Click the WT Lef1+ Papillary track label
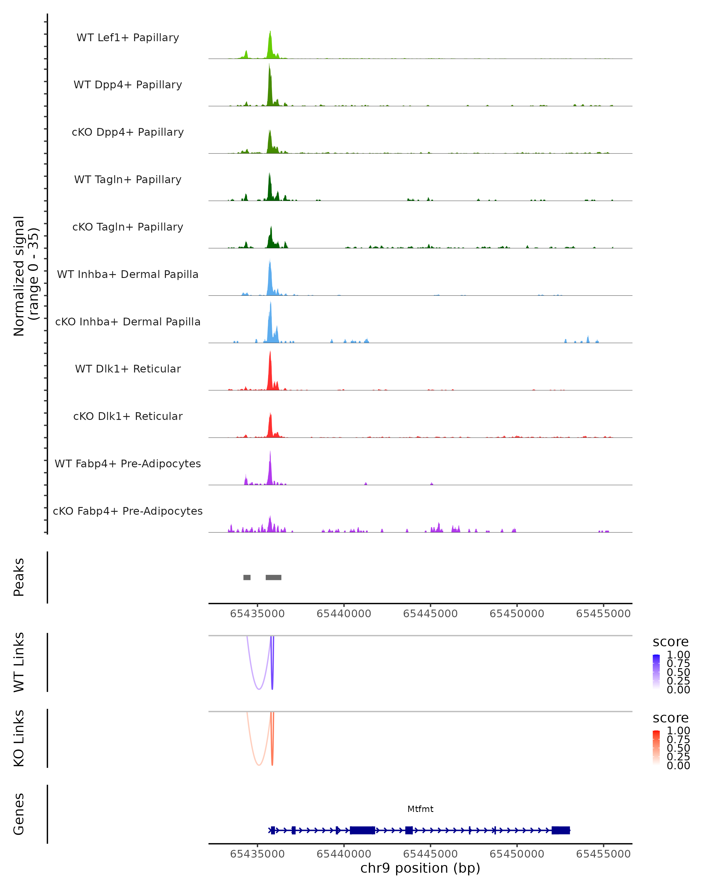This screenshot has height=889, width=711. (x=128, y=38)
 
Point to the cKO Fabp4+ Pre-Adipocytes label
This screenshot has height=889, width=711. (x=128, y=511)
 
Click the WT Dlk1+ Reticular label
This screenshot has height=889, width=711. (x=128, y=369)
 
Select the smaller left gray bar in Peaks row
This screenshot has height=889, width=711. (x=247, y=577)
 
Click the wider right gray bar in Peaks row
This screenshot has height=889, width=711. (x=273, y=577)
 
